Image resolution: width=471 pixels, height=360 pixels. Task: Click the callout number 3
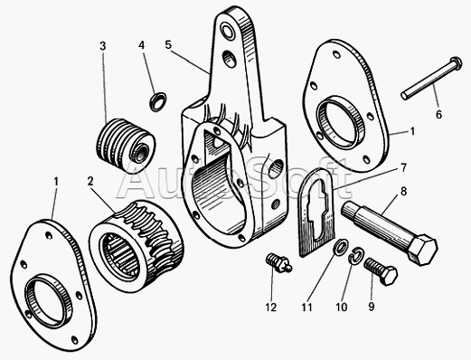(x=103, y=46)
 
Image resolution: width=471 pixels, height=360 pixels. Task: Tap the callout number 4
(x=141, y=45)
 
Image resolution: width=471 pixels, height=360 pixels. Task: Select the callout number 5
(x=168, y=44)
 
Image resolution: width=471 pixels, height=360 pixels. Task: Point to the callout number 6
(x=438, y=115)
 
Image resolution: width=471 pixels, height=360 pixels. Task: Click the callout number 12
(x=271, y=308)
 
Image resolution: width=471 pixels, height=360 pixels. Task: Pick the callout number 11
(x=306, y=308)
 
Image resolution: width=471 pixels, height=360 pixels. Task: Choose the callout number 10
(x=342, y=308)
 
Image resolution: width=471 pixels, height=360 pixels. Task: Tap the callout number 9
(x=371, y=307)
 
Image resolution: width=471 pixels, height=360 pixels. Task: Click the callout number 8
(x=404, y=192)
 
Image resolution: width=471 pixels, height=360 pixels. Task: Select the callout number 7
(x=403, y=167)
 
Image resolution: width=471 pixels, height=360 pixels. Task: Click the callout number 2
(x=90, y=182)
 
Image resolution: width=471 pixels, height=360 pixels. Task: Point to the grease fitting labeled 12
(x=278, y=261)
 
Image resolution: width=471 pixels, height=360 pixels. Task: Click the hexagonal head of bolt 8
(x=422, y=250)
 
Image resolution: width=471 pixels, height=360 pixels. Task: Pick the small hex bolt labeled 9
(x=381, y=270)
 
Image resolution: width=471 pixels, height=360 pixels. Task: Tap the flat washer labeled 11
(x=341, y=247)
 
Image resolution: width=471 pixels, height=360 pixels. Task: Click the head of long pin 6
(x=456, y=63)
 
